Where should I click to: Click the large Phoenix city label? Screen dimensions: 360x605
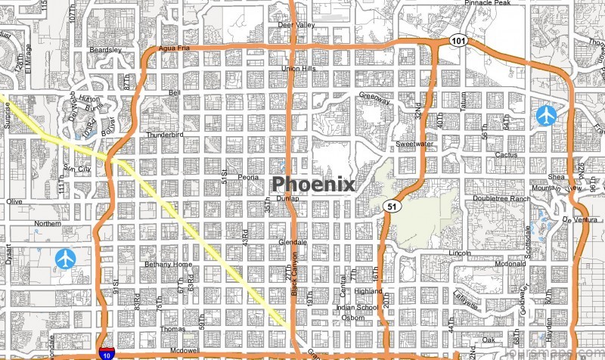click(313, 184)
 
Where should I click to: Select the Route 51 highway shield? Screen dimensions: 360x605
click(390, 206)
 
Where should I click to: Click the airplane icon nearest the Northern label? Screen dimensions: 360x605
click(66, 259)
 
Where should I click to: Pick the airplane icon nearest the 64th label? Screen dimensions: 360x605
click(546, 115)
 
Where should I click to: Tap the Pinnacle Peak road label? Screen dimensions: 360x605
click(489, 4)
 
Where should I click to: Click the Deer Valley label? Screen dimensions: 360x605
click(296, 25)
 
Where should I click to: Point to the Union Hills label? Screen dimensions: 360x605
click(298, 69)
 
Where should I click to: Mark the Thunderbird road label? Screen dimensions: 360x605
click(165, 135)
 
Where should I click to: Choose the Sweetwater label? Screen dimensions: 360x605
click(414, 143)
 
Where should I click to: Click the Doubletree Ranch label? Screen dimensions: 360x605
click(501, 198)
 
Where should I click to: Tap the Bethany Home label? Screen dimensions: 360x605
click(167, 264)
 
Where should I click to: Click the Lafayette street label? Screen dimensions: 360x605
click(467, 301)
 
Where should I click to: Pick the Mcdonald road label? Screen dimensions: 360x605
click(489, 264)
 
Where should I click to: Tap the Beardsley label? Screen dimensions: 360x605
click(105, 49)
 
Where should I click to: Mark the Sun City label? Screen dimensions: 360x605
click(77, 169)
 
